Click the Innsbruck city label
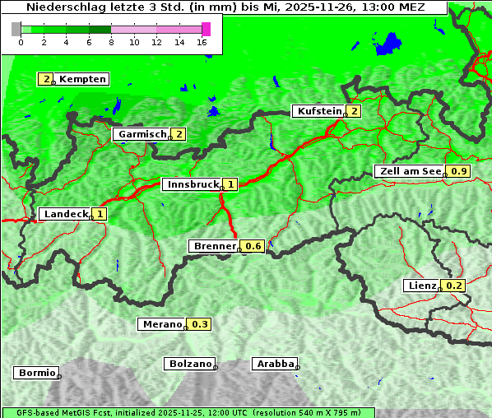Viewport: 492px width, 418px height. [x=191, y=184]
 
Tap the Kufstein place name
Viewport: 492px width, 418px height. [x=318, y=111]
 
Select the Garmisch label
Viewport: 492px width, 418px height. [x=142, y=134]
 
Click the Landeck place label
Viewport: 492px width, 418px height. [x=65, y=214]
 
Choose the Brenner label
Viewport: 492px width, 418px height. [x=214, y=246]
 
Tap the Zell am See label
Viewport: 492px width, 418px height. [x=409, y=171]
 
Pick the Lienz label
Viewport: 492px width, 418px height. [x=421, y=286]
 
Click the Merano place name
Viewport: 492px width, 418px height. [x=161, y=324]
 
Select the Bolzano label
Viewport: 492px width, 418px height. [x=190, y=364]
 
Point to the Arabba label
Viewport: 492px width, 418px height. [x=274, y=364]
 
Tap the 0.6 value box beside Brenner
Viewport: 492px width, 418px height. [x=253, y=246]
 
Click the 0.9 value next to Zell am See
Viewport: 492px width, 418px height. [x=459, y=171]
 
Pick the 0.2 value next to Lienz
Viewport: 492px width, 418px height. [x=455, y=286]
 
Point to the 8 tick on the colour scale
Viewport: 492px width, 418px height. [x=111, y=42]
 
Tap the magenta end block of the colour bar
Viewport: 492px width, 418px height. [x=206, y=29]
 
